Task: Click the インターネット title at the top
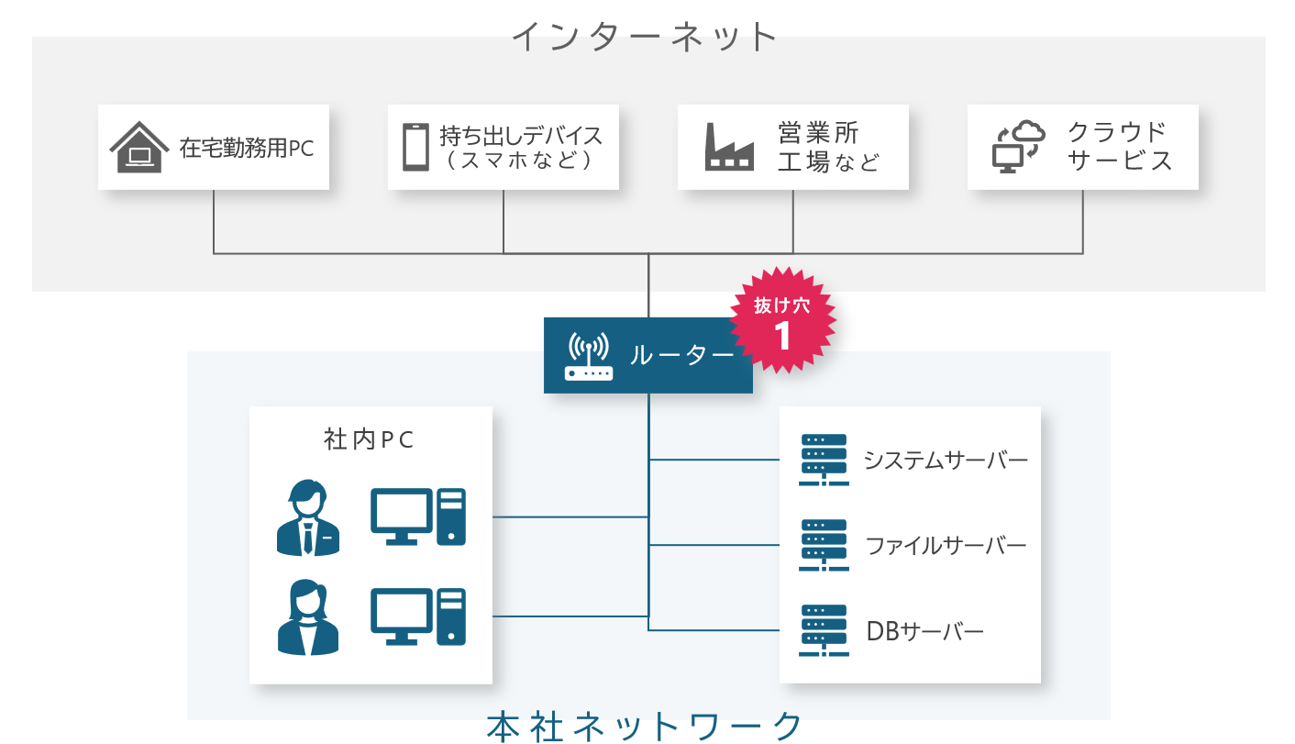[645, 37]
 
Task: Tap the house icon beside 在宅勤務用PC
[139, 148]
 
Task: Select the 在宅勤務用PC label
[247, 148]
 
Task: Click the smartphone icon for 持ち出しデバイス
[415, 148]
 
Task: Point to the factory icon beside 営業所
[729, 148]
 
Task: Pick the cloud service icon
[1019, 148]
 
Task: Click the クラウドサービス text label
[1119, 147]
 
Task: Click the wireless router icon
[589, 356]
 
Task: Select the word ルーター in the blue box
[681, 356]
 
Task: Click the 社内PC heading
[370, 440]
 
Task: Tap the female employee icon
[307, 616]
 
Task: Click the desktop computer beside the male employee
[417, 517]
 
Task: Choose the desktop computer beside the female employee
[417, 616]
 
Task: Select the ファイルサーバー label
[946, 546]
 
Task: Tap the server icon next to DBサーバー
[823, 631]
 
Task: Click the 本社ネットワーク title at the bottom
[645, 726]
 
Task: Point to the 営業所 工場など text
[828, 147]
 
